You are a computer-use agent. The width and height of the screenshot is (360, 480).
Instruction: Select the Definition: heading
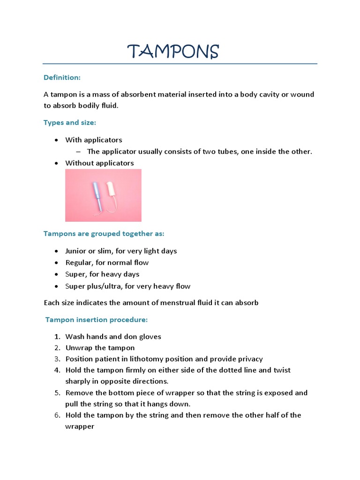62,77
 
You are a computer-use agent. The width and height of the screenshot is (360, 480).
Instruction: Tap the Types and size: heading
70,122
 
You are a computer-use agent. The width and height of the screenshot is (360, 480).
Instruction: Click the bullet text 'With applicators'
94,140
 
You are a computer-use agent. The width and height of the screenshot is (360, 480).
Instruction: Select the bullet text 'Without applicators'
99,163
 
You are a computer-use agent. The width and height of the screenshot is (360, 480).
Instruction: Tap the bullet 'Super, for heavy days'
102,274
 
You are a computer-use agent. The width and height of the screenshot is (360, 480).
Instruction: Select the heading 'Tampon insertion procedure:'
97,320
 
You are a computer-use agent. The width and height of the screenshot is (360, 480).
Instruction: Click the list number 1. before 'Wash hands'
57,337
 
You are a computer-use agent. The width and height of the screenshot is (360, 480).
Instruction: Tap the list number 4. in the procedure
57,370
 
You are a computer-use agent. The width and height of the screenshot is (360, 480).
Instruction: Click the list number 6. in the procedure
57,415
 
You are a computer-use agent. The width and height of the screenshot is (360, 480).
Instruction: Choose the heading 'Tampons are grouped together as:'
104,233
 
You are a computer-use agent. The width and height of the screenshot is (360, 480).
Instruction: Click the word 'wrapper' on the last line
80,427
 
